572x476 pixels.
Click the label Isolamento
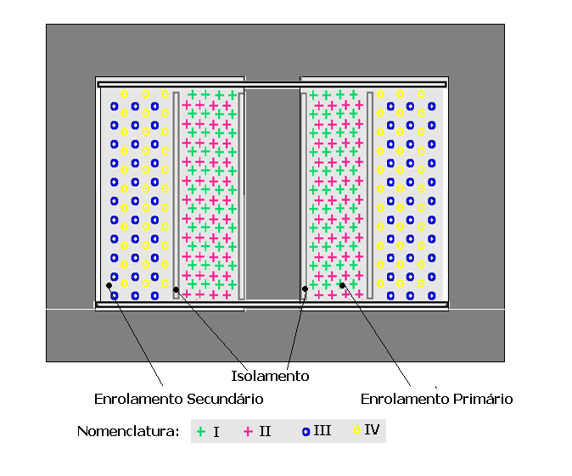tap(270, 376)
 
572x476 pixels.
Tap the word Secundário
tap(225, 399)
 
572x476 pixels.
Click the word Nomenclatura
tap(128, 431)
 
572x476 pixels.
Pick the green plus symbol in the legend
tap(200, 432)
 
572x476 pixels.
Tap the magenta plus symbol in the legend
tap(248, 432)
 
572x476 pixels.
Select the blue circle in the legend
tap(306, 432)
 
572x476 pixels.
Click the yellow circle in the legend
tap(356, 430)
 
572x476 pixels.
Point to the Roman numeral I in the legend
tap(216, 432)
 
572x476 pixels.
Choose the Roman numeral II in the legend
tap(265, 431)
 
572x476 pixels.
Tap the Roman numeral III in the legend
tap(322, 430)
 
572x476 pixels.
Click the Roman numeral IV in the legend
tap(372, 429)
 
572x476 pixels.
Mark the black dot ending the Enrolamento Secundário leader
tap(109, 285)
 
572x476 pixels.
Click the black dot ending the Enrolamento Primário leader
tap(342, 285)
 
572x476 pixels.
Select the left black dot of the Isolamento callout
tap(177, 289)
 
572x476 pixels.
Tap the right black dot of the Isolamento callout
tap(305, 288)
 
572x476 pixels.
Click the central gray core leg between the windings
tap(272, 194)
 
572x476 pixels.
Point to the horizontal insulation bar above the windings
tap(272, 85)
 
